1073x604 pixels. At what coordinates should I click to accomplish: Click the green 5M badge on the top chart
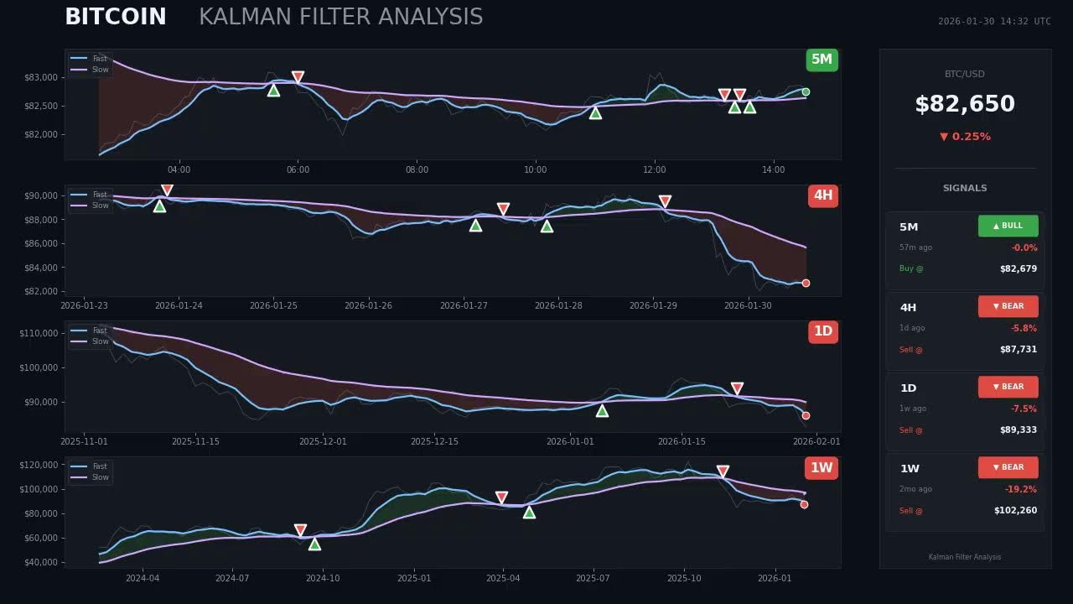click(x=822, y=60)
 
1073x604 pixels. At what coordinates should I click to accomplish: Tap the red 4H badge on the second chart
click(x=822, y=196)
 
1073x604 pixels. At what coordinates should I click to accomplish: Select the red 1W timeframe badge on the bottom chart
click(x=822, y=468)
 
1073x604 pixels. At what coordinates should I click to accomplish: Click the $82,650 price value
click(x=964, y=104)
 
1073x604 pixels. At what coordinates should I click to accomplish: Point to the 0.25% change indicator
click(x=965, y=137)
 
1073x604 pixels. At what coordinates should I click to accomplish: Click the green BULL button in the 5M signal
click(x=1008, y=226)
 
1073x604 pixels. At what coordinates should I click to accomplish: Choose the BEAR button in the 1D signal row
click(x=1008, y=387)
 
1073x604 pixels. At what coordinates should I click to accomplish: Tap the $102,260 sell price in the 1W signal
click(x=1015, y=511)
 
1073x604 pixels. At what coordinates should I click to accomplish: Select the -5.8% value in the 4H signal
click(x=1024, y=328)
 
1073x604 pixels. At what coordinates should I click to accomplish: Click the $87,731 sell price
click(x=1018, y=350)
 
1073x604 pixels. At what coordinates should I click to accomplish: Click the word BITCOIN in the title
click(x=116, y=17)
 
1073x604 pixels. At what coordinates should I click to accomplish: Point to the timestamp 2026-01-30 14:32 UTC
click(x=993, y=22)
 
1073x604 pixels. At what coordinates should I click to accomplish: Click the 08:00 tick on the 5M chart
click(x=417, y=170)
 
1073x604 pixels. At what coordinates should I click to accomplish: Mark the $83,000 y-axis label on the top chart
click(x=41, y=77)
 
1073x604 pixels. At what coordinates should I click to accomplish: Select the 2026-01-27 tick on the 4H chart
click(x=464, y=305)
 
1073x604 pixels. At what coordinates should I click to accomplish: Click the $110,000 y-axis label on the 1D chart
click(x=39, y=333)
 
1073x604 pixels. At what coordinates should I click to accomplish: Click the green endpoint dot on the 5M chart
click(x=806, y=92)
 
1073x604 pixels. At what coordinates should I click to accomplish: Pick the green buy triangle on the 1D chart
click(x=602, y=411)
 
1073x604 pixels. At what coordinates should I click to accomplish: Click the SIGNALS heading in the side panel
click(x=964, y=189)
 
